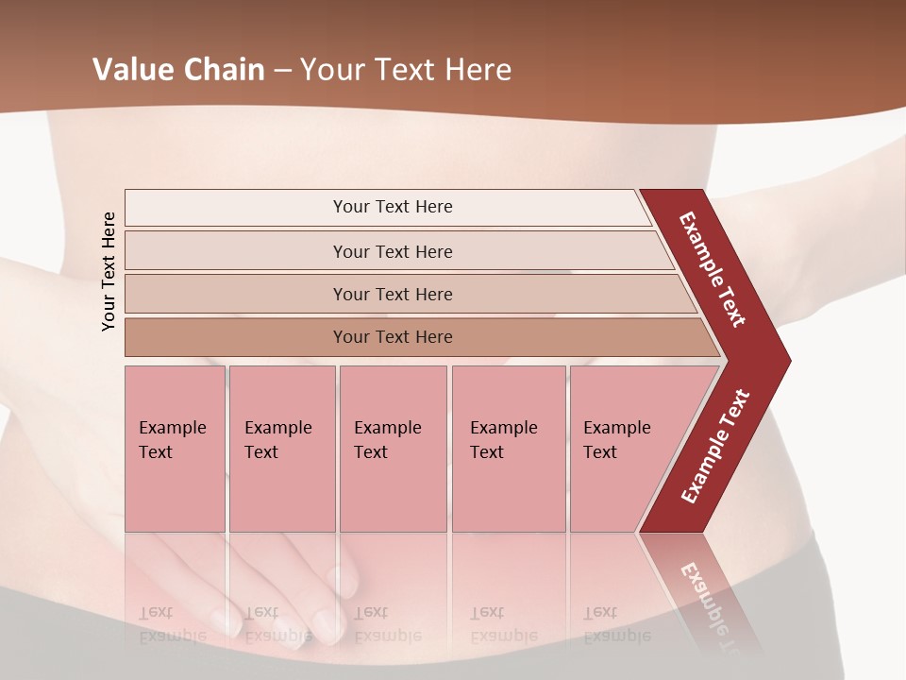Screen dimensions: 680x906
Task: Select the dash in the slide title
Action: click(x=282, y=71)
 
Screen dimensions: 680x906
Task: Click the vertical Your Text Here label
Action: click(x=109, y=271)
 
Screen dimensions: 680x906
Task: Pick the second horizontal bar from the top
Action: click(x=393, y=251)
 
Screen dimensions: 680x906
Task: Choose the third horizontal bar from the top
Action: click(x=393, y=294)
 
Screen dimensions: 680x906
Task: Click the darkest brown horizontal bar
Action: click(x=393, y=337)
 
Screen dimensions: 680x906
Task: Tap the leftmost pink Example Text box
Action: click(x=175, y=448)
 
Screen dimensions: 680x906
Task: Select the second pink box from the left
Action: click(x=281, y=448)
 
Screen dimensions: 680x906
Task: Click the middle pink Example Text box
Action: click(x=393, y=448)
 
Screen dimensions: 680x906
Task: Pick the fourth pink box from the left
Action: click(x=508, y=448)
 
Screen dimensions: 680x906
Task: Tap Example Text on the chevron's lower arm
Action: click(x=715, y=446)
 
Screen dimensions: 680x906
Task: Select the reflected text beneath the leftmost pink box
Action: click(x=173, y=624)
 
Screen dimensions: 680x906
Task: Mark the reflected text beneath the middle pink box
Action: click(x=388, y=624)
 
